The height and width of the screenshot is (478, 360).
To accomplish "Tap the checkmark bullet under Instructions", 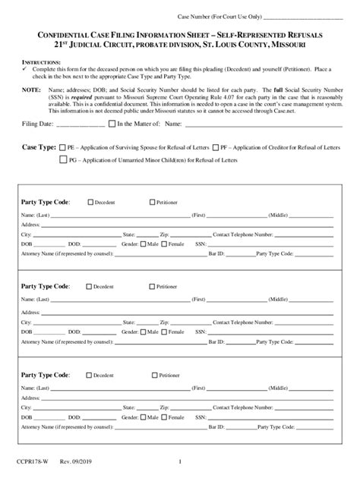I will (x=25, y=68).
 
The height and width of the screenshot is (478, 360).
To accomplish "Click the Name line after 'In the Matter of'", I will (x=254, y=124).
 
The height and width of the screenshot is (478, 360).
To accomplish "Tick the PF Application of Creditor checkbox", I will (x=216, y=146).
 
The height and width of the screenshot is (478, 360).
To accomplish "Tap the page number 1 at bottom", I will (x=180, y=461).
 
